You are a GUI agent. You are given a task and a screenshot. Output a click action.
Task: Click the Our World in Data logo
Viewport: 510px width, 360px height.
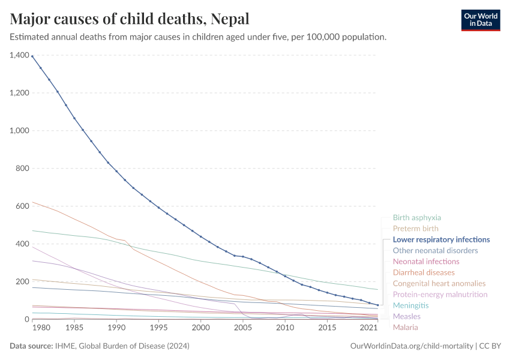[x=480, y=20]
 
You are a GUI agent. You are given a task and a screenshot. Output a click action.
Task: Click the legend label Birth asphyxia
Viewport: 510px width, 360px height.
[x=416, y=218]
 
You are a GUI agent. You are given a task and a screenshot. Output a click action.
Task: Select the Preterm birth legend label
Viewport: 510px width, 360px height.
[x=415, y=229]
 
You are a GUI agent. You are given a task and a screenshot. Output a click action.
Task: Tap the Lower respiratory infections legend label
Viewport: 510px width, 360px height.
[x=441, y=239]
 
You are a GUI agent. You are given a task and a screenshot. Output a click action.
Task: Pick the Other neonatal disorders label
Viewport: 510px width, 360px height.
[x=435, y=250]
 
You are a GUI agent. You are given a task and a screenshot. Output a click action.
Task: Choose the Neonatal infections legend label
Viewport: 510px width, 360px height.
[x=425, y=262]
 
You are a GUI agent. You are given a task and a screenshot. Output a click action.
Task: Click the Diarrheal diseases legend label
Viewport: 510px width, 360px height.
[x=424, y=272]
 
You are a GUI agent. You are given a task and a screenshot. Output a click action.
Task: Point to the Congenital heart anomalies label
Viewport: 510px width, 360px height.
[x=439, y=283]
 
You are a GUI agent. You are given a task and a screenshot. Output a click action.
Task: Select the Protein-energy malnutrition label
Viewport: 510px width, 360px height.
[x=440, y=295]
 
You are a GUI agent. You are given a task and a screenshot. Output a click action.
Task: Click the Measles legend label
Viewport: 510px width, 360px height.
[x=406, y=316]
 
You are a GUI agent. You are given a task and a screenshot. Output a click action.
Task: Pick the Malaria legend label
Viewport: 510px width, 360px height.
[x=405, y=327]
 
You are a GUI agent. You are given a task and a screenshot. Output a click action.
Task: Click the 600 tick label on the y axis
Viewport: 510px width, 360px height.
[x=22, y=206]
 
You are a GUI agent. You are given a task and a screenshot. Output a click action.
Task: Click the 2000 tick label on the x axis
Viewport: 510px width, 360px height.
[x=200, y=328]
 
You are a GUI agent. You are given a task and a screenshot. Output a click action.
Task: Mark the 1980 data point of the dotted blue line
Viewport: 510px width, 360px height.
[x=32, y=56]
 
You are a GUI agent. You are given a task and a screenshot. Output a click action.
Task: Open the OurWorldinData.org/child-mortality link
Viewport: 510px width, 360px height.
[x=410, y=346]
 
